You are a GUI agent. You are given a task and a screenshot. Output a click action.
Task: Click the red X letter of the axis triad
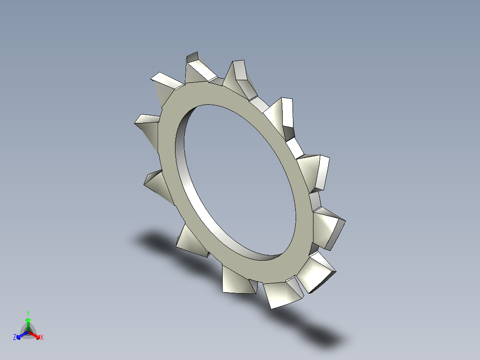(x=42, y=338)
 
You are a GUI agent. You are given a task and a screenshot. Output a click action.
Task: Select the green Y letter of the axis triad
(x=28, y=313)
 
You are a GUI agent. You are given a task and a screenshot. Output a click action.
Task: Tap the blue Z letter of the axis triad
(x=15, y=338)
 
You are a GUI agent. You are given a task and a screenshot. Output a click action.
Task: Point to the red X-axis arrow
(x=36, y=335)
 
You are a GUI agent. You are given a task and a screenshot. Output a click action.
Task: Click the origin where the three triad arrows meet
(x=28, y=332)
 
